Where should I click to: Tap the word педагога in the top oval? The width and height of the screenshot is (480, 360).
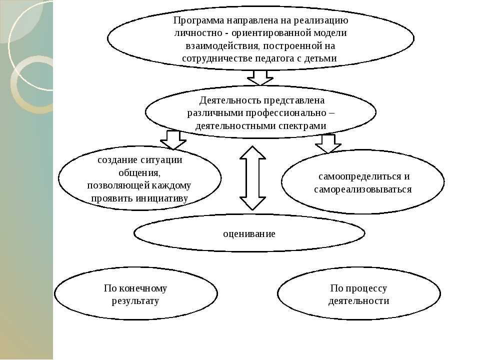(x=289, y=58)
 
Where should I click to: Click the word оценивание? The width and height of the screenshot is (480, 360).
(x=249, y=233)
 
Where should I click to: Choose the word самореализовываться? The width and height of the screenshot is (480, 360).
(x=362, y=189)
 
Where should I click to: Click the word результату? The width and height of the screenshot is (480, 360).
(x=135, y=301)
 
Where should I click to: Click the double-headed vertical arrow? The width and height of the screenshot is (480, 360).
(x=252, y=178)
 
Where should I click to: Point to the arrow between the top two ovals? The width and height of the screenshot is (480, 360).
(x=260, y=77)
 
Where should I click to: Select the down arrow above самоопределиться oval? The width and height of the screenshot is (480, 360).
(x=328, y=143)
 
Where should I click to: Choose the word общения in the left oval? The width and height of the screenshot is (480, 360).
(x=139, y=172)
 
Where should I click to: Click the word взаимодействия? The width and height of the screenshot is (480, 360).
(x=217, y=45)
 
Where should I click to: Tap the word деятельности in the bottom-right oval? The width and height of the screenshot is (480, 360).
(x=358, y=301)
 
